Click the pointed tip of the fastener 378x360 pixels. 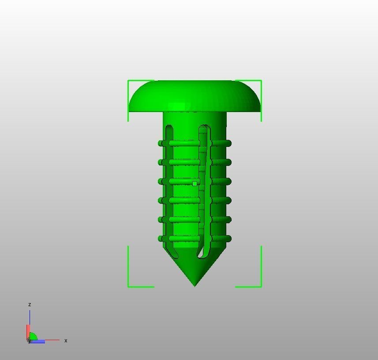195,284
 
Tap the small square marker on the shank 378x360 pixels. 195,184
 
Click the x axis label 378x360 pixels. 66,341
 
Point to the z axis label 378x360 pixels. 30,304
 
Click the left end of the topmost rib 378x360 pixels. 160,143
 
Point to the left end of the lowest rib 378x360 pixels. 160,239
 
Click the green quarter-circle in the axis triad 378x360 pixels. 33,337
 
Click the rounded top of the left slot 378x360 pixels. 169,128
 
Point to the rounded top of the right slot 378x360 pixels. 204,127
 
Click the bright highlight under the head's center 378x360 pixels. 177,107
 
